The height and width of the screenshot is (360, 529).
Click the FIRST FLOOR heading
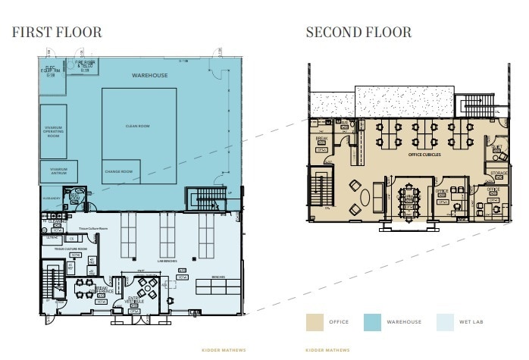pos(57,33)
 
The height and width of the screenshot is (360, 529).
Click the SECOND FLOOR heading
pos(358,33)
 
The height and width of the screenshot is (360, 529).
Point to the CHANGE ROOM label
pos(118,172)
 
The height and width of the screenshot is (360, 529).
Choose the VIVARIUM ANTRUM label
pos(59,171)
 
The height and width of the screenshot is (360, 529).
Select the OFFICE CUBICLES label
pos(424,155)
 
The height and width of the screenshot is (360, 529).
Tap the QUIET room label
pos(496,148)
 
